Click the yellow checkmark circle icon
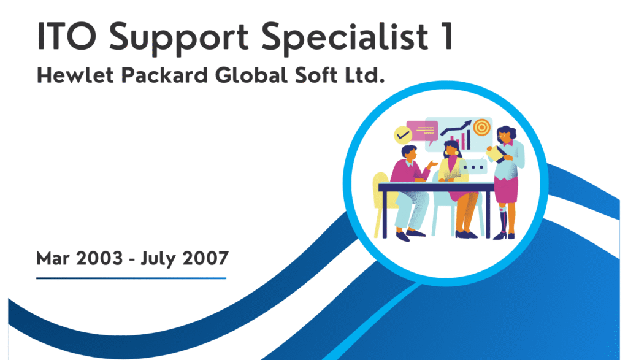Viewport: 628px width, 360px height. click(402, 132)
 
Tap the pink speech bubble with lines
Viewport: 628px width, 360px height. click(423, 129)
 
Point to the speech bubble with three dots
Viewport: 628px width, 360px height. click(474, 166)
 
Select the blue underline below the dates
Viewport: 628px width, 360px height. click(131, 278)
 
